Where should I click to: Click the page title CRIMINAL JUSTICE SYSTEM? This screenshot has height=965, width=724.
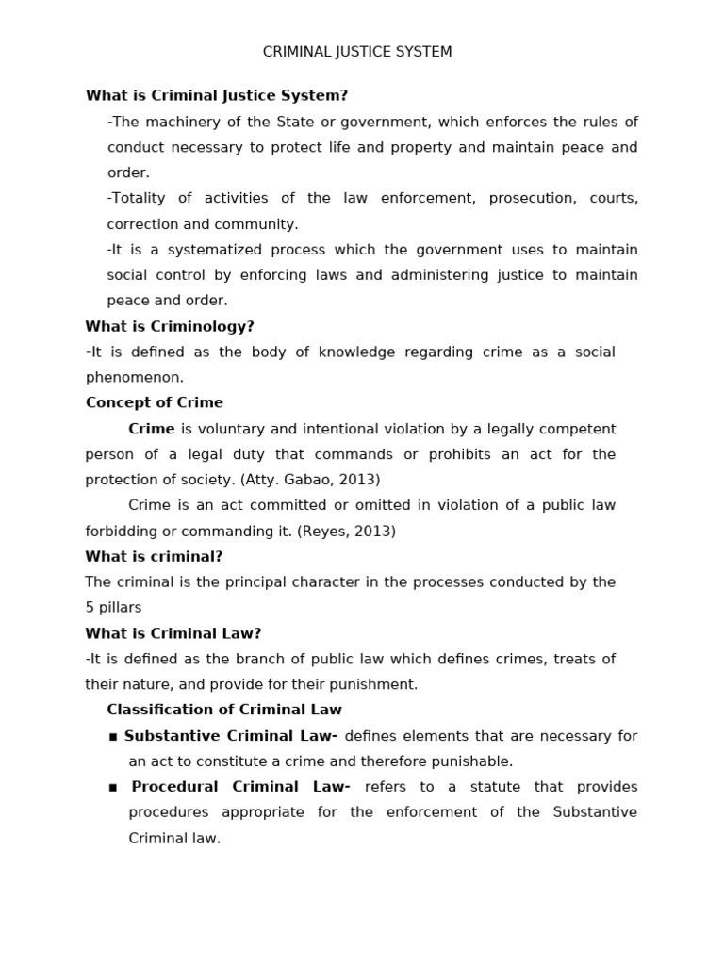357,52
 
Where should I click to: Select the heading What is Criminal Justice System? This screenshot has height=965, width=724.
217,95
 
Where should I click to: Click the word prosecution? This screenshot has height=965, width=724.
531,198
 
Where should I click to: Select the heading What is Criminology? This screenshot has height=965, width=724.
170,326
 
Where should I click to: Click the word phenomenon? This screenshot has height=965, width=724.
135,378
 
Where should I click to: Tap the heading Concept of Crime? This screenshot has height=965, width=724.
155,402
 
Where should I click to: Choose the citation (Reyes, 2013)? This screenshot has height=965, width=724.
346,532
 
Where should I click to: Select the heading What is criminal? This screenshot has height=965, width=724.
154,556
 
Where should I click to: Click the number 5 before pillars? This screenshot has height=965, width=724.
90,608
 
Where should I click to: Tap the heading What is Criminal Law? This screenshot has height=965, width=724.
173,633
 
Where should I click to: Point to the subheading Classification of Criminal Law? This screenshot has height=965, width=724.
224,710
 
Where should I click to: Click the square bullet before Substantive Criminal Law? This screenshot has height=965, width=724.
113,737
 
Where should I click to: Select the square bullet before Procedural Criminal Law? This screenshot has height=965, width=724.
113,788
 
